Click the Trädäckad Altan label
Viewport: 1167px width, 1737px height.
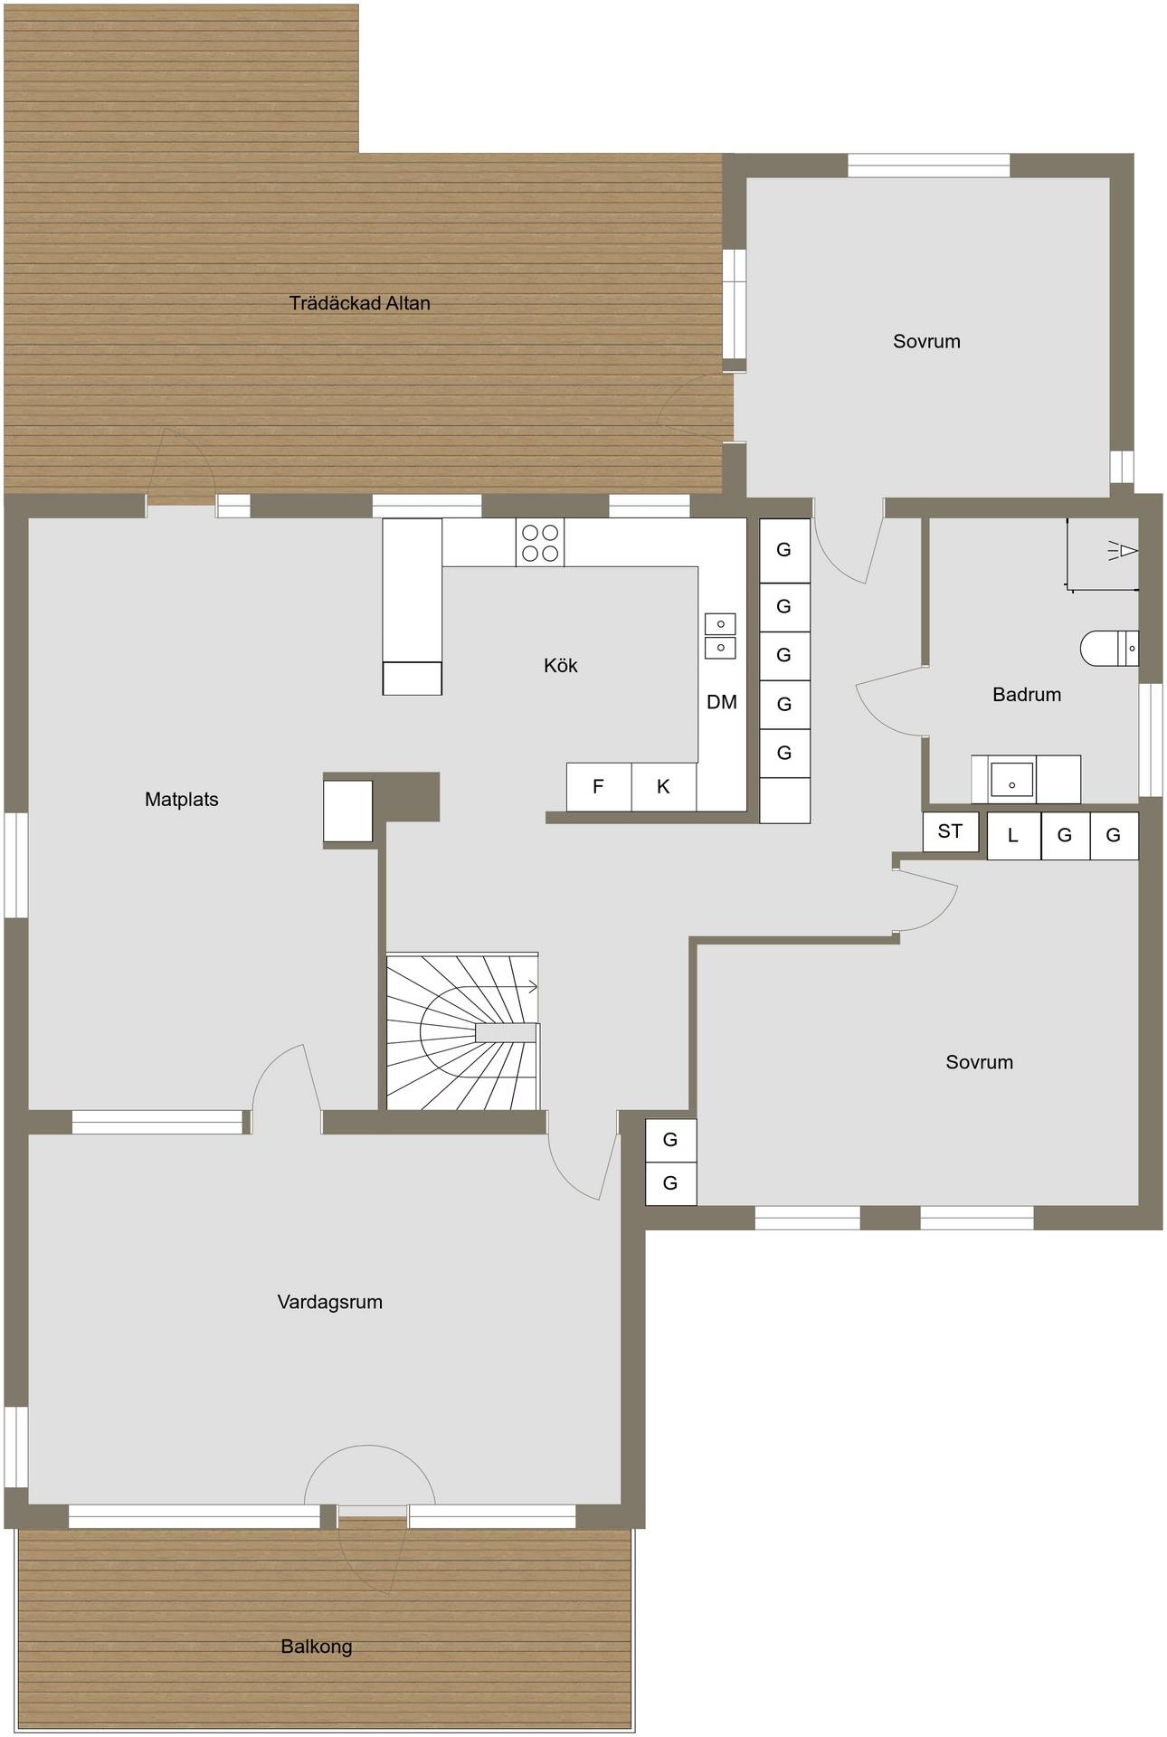(359, 303)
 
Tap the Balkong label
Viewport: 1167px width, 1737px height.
(317, 1647)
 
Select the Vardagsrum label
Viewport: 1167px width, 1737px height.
(329, 1302)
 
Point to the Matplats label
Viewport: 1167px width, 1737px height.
(181, 799)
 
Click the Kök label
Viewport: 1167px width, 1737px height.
(560, 665)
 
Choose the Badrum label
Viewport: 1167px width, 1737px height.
(1027, 695)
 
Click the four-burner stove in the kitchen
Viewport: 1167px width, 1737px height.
(540, 543)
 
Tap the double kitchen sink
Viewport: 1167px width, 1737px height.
(720, 636)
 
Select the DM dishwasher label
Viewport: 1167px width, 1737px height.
(722, 702)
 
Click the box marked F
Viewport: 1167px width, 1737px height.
(599, 787)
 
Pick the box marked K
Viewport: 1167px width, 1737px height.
(664, 787)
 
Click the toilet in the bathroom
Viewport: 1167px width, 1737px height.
(1109, 649)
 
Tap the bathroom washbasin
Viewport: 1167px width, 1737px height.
(1011, 779)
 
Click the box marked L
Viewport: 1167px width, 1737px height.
(1014, 835)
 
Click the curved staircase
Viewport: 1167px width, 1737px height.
(463, 1030)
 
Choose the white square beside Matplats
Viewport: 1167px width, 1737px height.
(348, 812)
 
